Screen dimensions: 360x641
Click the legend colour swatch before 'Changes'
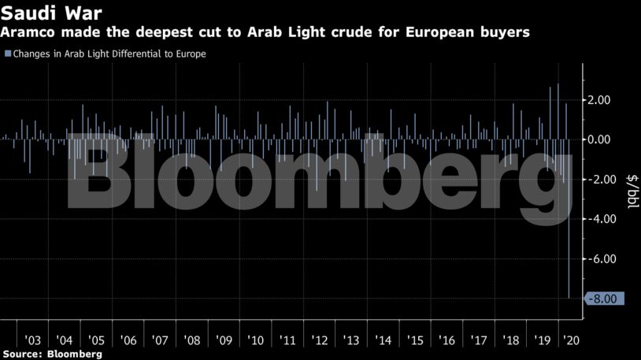tap(7, 54)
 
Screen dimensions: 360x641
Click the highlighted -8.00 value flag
tap(605, 299)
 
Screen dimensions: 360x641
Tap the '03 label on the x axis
tap(33, 340)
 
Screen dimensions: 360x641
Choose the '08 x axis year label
tap(192, 340)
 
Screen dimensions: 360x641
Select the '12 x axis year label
tap(320, 340)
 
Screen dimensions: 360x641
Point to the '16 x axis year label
tap(446, 340)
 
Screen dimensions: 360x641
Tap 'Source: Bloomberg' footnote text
tap(52, 354)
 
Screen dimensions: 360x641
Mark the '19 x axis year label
tap(542, 340)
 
